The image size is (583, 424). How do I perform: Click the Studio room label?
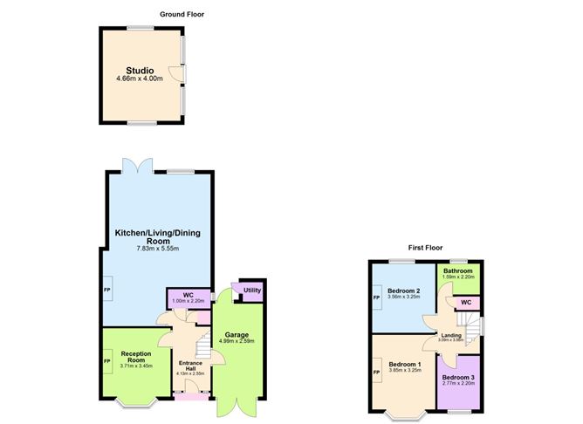140,71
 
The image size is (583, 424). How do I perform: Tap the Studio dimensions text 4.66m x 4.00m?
140,79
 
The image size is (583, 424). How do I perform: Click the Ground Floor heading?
182,14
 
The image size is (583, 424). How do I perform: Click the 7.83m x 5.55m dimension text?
157,249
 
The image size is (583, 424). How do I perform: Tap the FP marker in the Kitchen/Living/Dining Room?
107,291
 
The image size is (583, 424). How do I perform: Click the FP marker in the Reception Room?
107,359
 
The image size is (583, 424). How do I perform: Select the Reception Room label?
136,357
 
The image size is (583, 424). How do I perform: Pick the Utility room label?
252,290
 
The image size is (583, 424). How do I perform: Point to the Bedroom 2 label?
405,291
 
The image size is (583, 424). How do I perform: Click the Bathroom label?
457,271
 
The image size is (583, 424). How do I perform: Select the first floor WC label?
466,302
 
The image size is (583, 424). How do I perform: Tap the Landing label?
451,336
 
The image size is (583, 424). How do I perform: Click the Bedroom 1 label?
405,364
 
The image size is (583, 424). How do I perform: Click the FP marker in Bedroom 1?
376,373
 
